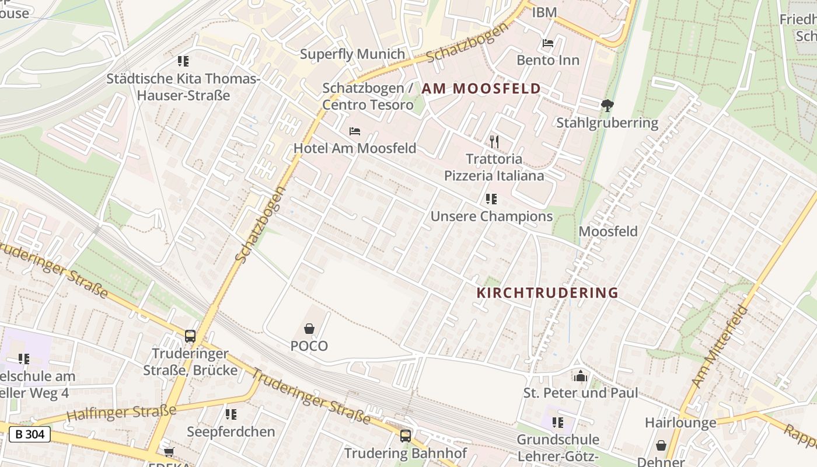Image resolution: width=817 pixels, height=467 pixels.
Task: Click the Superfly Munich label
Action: coord(352,54)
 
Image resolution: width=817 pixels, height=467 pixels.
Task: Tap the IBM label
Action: coord(544,12)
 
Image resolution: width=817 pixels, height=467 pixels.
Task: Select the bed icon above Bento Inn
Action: coord(548,43)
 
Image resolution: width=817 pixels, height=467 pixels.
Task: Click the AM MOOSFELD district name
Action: coord(481,89)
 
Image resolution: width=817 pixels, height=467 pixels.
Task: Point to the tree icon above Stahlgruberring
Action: coord(607,106)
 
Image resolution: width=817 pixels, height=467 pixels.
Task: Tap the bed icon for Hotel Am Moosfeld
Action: coord(354,131)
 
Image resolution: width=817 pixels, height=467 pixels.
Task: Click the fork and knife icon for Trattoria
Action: coord(494,141)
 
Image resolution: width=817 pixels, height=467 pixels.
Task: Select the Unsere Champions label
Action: coord(491,217)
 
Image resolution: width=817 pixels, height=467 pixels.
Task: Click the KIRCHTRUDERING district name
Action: coord(547,293)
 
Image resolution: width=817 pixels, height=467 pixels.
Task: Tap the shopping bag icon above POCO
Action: coord(309,329)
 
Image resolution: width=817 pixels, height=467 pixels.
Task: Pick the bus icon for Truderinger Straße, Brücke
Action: coord(190,336)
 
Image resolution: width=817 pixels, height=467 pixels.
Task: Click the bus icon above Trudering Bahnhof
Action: coord(405,435)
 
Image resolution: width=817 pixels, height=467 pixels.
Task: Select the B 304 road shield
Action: coord(29,434)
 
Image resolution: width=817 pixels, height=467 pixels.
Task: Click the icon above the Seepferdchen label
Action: coord(231,414)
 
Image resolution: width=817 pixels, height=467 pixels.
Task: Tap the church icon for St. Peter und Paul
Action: coord(580,376)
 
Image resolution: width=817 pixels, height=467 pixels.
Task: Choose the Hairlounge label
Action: coord(680,423)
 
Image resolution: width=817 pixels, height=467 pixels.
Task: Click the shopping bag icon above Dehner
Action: coord(661,445)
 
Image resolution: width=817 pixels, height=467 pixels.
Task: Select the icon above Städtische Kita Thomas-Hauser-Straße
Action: coord(183,61)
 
